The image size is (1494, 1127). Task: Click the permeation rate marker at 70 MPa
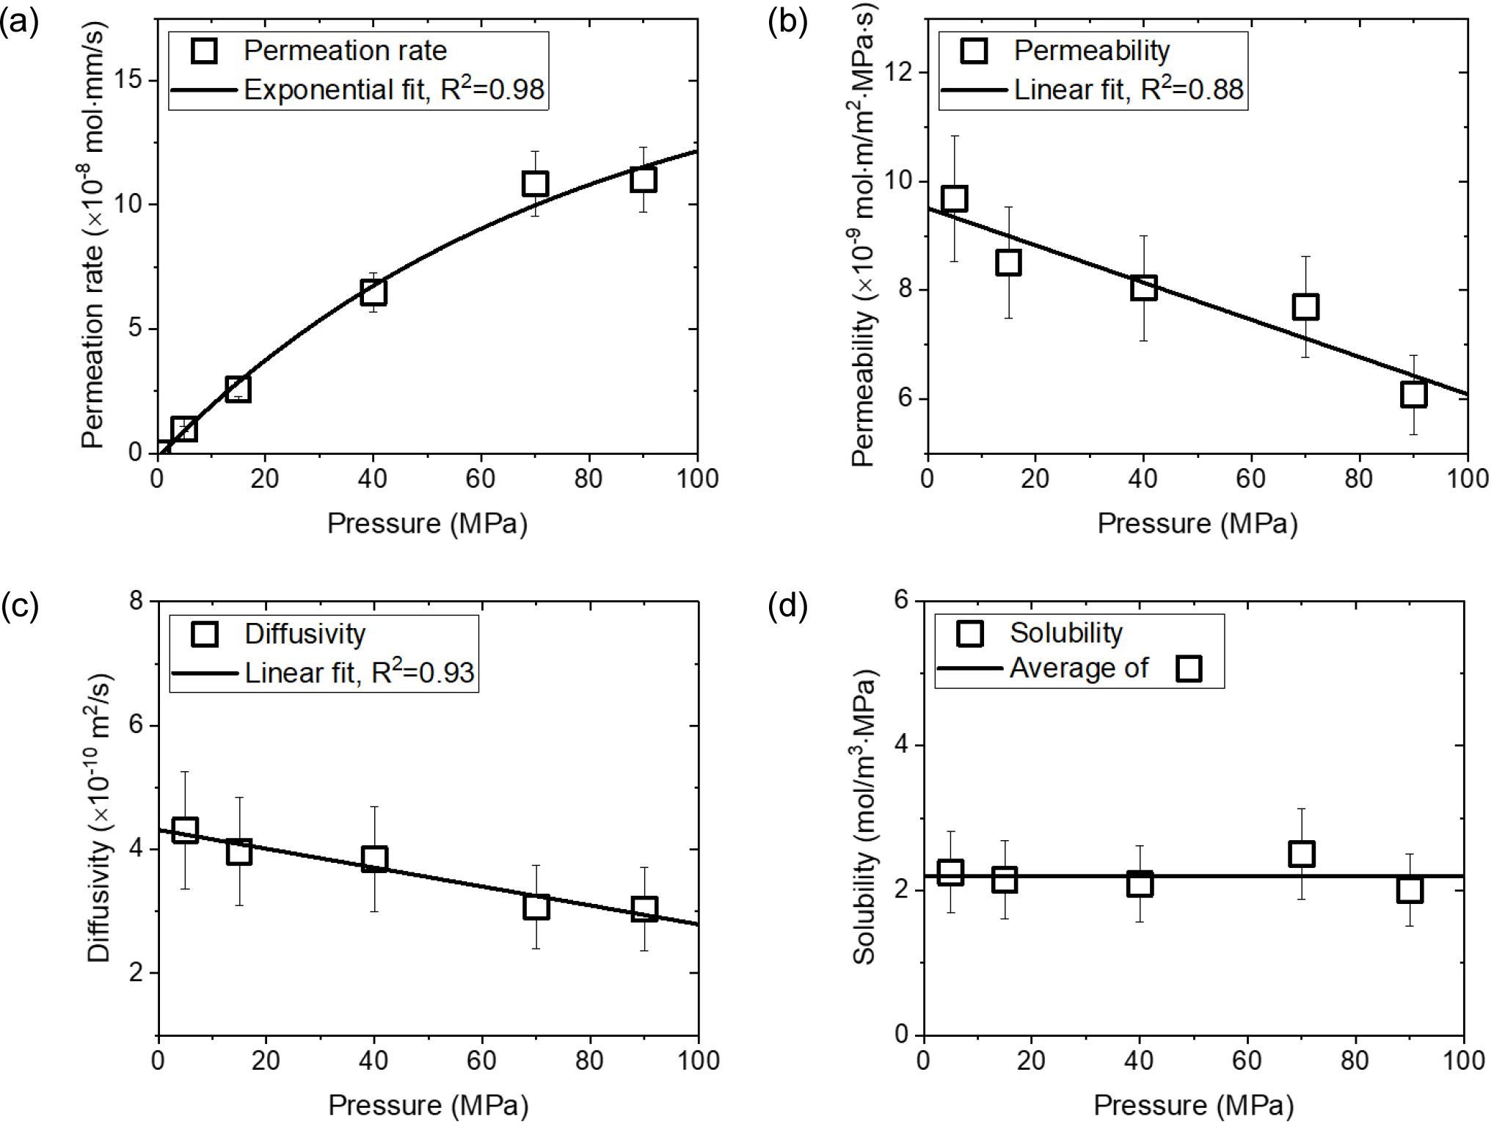point(535,183)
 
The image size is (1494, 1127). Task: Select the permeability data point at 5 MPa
point(954,199)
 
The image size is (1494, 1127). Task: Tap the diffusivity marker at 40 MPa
point(374,858)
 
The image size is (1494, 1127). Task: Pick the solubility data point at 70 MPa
point(1301,853)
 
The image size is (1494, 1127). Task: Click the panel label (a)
point(20,23)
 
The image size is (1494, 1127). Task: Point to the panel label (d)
point(787,606)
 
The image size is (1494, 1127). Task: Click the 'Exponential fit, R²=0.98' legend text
point(394,90)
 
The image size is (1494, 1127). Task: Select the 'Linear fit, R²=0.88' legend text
point(1129,90)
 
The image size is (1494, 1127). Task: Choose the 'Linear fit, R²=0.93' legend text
point(360,672)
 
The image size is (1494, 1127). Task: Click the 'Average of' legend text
point(1079,668)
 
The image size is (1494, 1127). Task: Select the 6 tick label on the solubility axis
point(901,599)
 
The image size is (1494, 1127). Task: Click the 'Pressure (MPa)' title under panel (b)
point(1197,524)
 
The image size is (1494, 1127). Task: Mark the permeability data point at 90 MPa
point(1413,395)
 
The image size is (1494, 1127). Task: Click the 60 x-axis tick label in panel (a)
point(481,479)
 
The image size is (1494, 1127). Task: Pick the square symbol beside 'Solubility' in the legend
point(970,633)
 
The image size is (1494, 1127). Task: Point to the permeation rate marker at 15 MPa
point(238,389)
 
